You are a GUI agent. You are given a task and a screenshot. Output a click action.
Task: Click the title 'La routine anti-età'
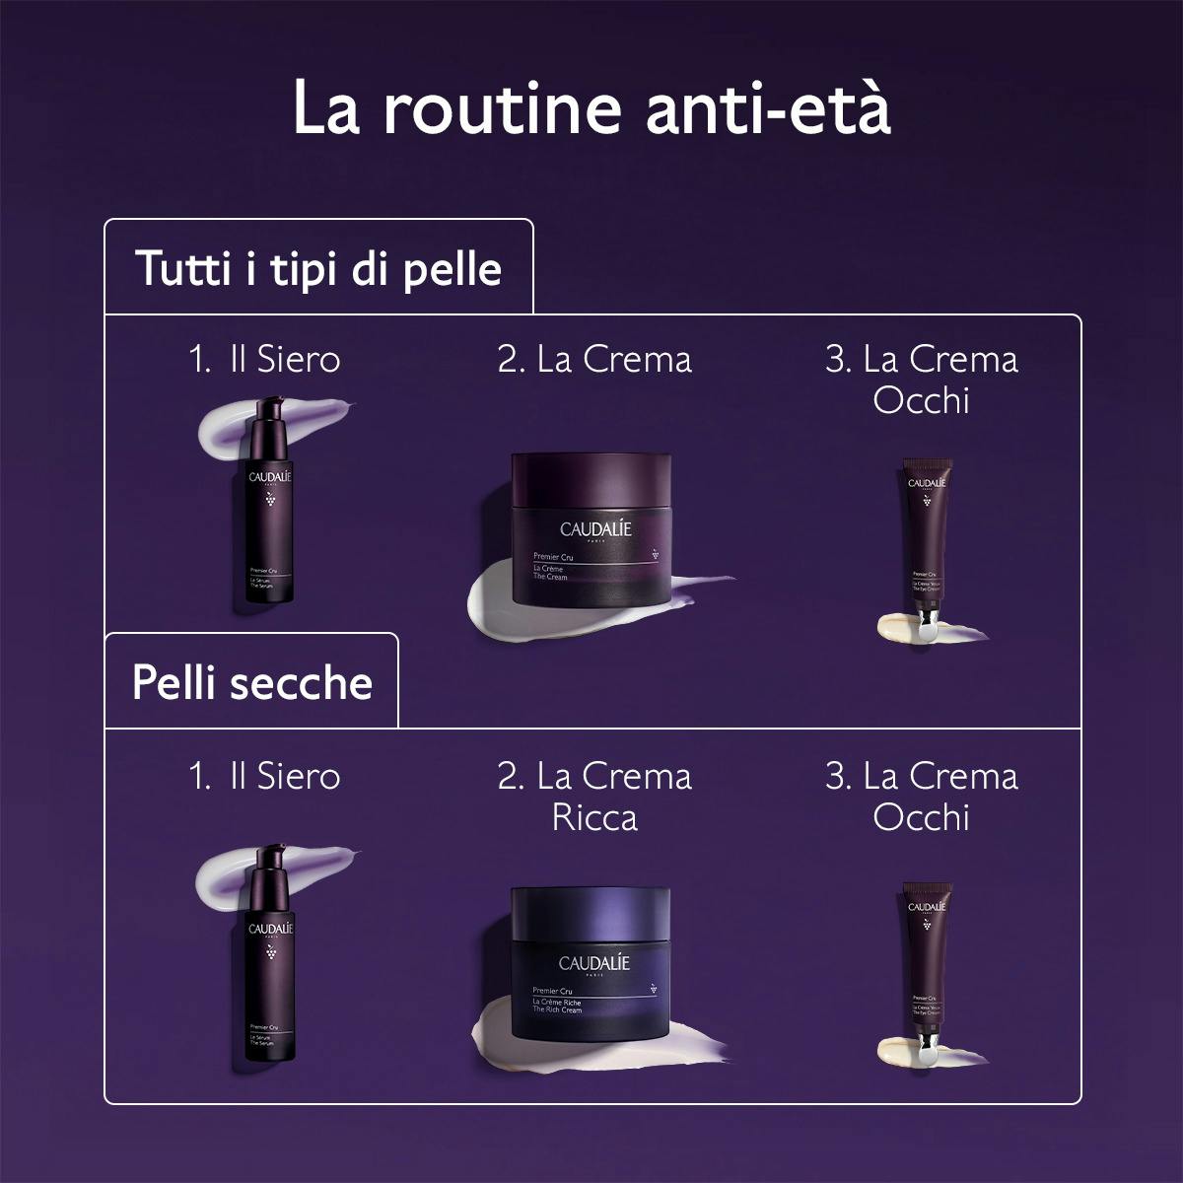pyautogui.click(x=591, y=109)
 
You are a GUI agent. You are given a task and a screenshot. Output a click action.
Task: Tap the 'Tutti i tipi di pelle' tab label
pyautogui.click(x=318, y=268)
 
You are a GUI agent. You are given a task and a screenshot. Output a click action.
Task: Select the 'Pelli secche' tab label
pyautogui.click(x=252, y=682)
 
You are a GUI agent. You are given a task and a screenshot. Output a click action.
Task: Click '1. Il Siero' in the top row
pyautogui.click(x=264, y=359)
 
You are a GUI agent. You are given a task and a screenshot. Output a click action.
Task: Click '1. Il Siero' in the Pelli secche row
pyautogui.click(x=264, y=776)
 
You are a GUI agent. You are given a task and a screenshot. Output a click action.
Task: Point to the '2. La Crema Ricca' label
pyautogui.click(x=594, y=797)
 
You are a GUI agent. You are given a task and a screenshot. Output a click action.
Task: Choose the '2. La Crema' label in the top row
pyautogui.click(x=594, y=359)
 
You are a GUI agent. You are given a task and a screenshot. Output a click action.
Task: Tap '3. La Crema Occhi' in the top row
pyautogui.click(x=921, y=380)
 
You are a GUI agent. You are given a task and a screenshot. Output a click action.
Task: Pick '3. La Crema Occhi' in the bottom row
pyautogui.click(x=921, y=797)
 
